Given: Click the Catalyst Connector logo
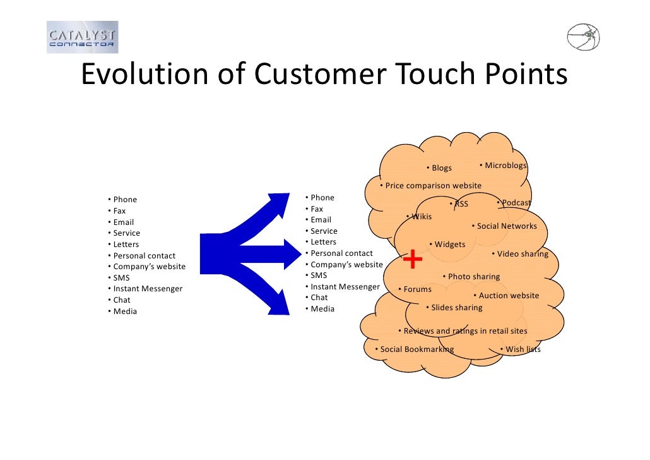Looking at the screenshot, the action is click(82, 37).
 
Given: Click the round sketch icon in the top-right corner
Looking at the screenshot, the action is click(583, 37).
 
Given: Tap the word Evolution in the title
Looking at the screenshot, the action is click(144, 75).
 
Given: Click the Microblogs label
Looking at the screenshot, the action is click(505, 166).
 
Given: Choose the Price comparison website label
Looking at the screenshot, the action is click(433, 186).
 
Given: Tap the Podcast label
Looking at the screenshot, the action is click(516, 203).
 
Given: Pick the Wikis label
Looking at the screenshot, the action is click(421, 217).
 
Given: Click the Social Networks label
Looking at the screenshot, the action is click(506, 226).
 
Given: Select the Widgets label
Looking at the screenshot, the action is click(449, 245).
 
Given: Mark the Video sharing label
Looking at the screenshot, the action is click(522, 254).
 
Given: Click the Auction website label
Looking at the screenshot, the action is click(508, 296).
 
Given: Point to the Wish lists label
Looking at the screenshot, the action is click(523, 349).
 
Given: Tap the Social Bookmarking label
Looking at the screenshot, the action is click(416, 349).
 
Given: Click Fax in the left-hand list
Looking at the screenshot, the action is click(119, 211).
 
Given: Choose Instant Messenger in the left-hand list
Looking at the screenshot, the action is click(148, 289).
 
